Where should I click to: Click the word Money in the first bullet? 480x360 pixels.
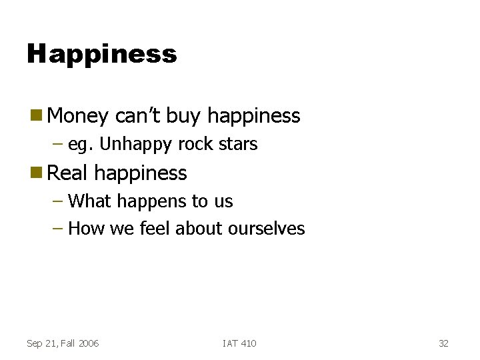click(78, 116)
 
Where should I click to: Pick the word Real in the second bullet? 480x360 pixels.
click(68, 173)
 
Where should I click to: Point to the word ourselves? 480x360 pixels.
click(266, 229)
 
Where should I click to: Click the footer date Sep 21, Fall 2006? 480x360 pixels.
click(63, 343)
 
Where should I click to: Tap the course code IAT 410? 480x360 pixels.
click(239, 343)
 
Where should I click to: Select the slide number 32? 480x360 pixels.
click(443, 343)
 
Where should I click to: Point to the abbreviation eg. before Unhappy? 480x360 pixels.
click(81, 145)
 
